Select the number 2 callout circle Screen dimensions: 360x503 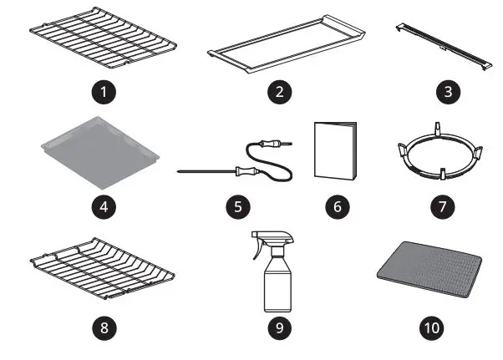click(285, 92)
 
